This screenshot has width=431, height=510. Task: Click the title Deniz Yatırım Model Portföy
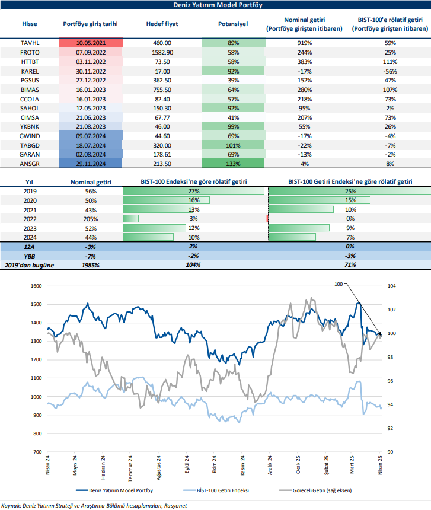click(x=215, y=5)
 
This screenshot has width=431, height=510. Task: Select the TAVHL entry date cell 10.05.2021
click(x=91, y=43)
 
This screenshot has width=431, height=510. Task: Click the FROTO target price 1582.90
click(x=158, y=52)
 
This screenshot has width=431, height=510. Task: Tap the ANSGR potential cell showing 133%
click(x=233, y=164)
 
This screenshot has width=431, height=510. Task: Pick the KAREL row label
click(x=30, y=71)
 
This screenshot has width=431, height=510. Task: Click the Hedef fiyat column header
click(x=162, y=24)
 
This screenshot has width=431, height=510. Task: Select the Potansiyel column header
click(x=233, y=24)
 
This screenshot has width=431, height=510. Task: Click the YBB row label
click(x=30, y=256)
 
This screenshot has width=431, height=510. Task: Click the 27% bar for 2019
click(x=193, y=191)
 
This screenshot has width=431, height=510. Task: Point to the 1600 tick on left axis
click(x=37, y=286)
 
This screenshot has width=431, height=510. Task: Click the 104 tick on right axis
click(x=391, y=286)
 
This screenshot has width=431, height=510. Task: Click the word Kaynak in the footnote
click(x=11, y=505)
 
